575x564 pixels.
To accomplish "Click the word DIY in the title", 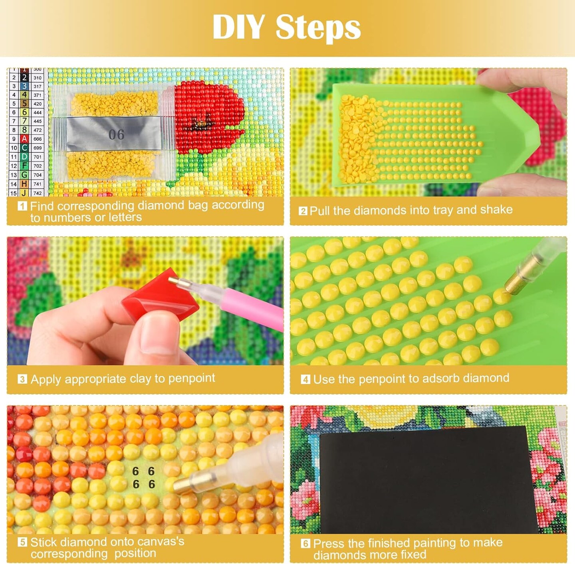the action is coord(238,27).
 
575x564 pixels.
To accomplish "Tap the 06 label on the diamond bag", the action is coord(116,134).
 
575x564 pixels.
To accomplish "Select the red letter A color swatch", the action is coord(24,139).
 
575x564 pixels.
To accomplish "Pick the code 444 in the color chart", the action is coord(37,112).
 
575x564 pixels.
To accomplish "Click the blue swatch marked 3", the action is coord(24,86).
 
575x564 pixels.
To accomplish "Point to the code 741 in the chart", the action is coord(37,184).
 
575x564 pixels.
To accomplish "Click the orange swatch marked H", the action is coord(24,183).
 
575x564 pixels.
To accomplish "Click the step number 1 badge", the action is coord(22,206).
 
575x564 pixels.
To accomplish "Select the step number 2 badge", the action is coord(303,211).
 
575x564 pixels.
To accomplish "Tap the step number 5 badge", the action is coord(22,542).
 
